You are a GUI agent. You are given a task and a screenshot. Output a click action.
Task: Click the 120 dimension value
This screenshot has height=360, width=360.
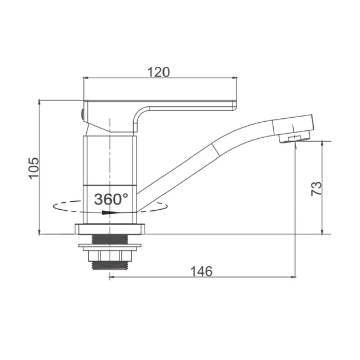[x=158, y=72]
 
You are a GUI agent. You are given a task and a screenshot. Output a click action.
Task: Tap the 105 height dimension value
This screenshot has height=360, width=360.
[x=34, y=169]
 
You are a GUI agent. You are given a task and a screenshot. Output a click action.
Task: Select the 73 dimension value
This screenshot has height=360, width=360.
[x=317, y=189]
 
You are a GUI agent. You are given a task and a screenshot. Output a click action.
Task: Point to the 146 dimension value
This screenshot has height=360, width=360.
[x=202, y=271]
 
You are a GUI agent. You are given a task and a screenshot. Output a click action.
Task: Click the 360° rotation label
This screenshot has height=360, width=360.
[x=111, y=199]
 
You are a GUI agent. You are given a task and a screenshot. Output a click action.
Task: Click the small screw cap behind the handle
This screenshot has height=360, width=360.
[x=82, y=114]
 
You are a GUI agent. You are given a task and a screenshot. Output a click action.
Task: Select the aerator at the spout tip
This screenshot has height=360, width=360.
[x=294, y=137]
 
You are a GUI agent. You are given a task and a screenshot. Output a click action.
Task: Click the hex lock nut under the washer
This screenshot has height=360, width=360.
[x=110, y=256]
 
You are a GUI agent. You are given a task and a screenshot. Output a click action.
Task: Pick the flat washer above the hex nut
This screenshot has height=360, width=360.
[x=110, y=246]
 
